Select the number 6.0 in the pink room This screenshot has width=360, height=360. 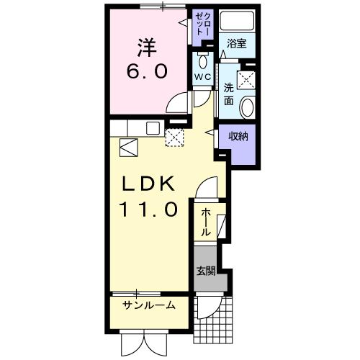click(x=149, y=72)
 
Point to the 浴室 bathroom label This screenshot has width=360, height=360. click(x=237, y=42)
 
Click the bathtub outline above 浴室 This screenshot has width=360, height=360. click(x=236, y=22)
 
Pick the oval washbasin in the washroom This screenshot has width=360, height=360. click(x=247, y=109)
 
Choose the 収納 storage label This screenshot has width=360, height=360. click(x=239, y=136)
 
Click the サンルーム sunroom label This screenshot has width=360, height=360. click(x=149, y=305)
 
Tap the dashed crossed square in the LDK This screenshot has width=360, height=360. click(x=175, y=138)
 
